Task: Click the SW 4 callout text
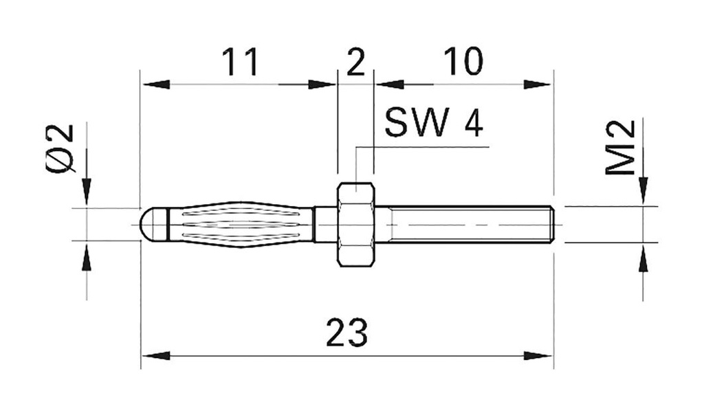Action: [433, 124]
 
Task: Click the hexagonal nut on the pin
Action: [355, 224]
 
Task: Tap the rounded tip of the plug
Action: [148, 223]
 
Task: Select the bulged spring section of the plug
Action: [241, 223]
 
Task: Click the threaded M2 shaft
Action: [467, 224]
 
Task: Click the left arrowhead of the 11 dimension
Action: [155, 85]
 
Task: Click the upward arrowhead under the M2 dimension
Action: [643, 259]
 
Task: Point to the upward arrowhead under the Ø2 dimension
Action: [87, 258]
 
